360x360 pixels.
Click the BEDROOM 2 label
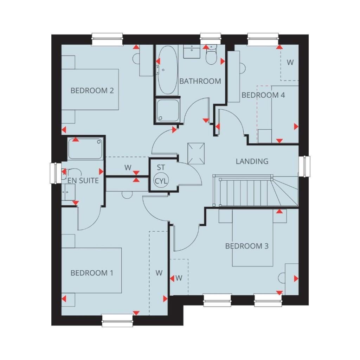[x=92, y=90]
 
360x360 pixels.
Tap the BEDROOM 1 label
[x=92, y=273]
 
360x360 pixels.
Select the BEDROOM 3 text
[x=247, y=246]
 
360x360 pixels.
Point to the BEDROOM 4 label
[x=263, y=95]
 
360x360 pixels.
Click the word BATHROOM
[x=200, y=81]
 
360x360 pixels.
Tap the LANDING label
[x=252, y=161]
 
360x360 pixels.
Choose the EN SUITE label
[x=83, y=181]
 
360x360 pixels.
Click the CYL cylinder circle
[x=161, y=181]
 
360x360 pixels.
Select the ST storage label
[x=161, y=168]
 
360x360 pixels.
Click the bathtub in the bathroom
[x=167, y=70]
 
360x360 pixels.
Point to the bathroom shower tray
[x=168, y=110]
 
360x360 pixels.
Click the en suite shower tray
[x=85, y=149]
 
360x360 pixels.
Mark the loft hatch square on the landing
[x=196, y=154]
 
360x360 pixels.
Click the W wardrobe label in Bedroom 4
[x=290, y=62]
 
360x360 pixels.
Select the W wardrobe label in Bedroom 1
[x=159, y=273]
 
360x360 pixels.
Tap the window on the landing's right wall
[x=305, y=166]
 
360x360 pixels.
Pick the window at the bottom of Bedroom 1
[x=117, y=321]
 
